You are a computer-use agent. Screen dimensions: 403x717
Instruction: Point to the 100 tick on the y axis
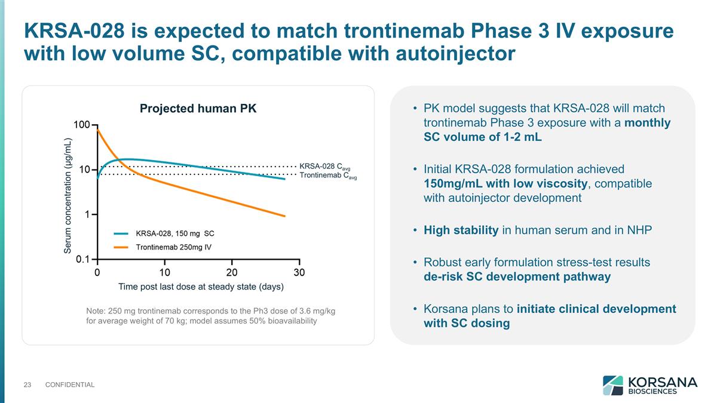tap(82, 125)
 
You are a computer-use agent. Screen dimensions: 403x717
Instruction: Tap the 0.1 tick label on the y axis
tap(82, 259)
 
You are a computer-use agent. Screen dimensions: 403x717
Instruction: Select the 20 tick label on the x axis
tap(232, 272)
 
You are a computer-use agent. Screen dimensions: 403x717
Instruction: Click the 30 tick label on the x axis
tap(299, 272)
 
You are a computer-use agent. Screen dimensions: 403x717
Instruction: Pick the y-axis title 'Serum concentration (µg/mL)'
tap(68, 195)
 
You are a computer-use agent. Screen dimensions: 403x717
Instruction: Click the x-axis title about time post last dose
tap(201, 287)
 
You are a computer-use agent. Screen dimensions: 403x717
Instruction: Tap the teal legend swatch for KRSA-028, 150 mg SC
tap(121, 233)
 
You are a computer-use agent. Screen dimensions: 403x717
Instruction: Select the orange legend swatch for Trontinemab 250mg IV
tap(121, 247)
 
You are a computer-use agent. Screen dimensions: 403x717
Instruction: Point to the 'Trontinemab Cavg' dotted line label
tap(327, 175)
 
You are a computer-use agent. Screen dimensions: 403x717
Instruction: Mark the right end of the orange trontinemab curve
tap(284, 216)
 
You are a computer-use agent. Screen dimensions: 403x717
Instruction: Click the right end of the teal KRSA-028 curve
tap(284, 179)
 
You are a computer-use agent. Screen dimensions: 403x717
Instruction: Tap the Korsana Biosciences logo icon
tap(612, 385)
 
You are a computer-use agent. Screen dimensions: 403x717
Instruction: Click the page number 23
tap(27, 384)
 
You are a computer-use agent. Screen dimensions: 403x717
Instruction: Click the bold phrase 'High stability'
tap(461, 231)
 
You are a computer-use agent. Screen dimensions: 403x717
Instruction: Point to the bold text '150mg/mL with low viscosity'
tap(505, 183)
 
